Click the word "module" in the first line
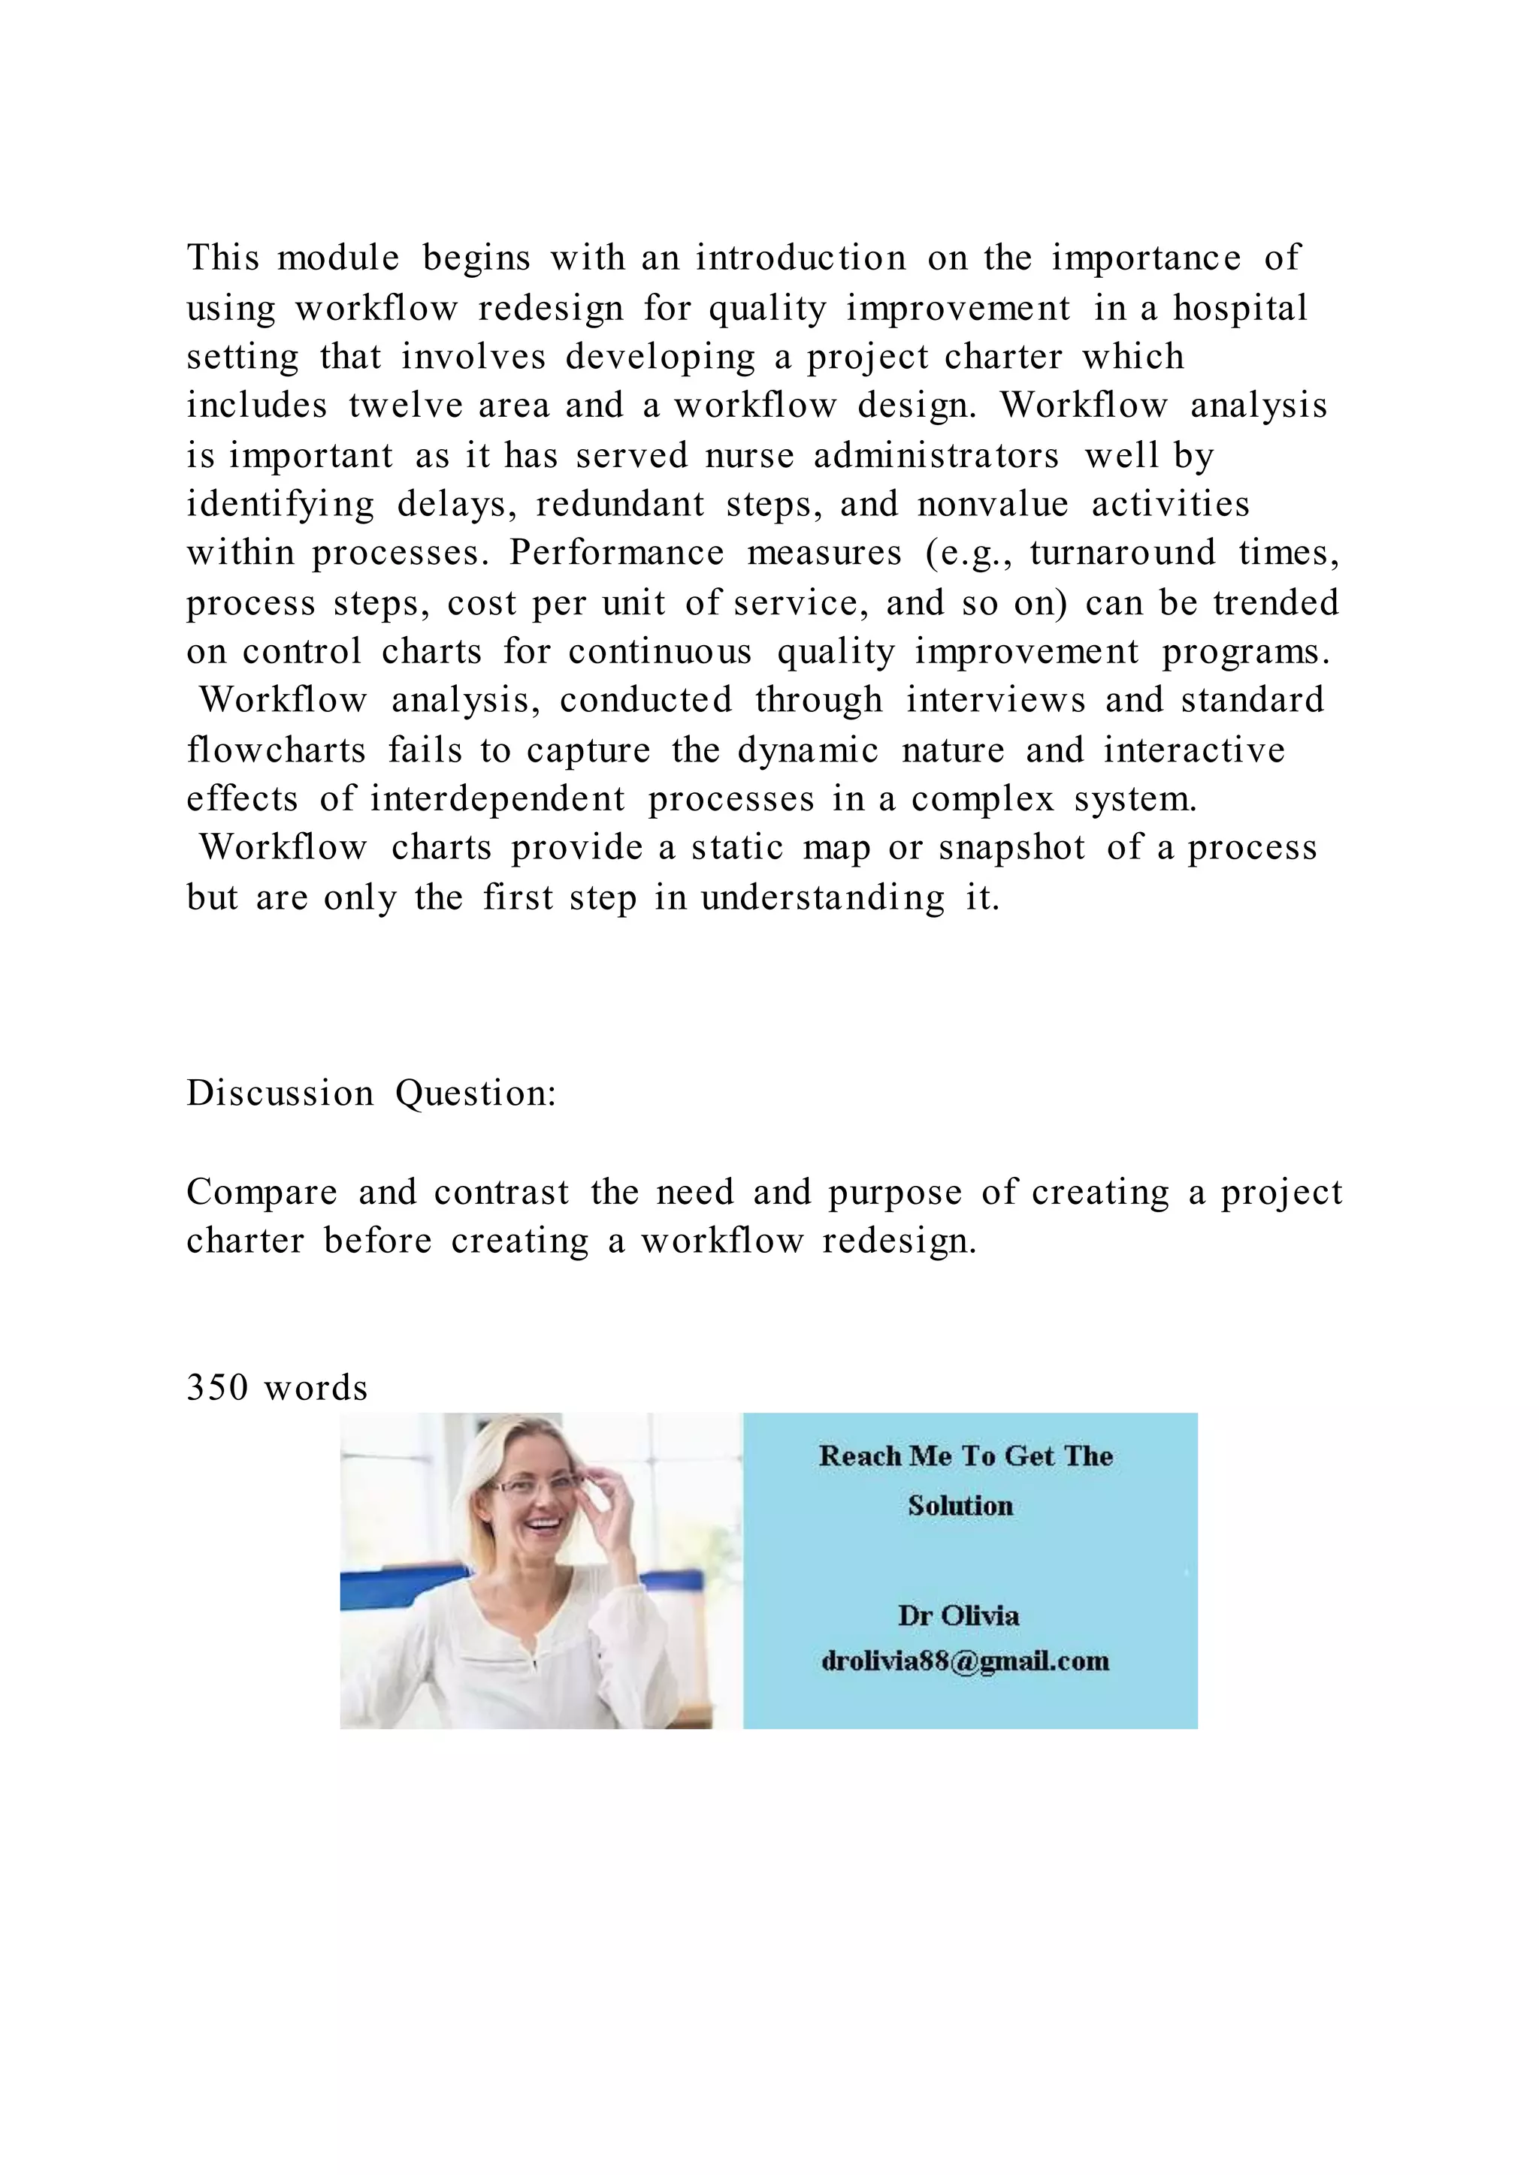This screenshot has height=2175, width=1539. pos(337,258)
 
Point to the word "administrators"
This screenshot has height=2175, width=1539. pos(936,456)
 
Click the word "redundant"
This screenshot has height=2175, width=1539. pos(620,504)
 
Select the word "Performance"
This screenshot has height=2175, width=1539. pos(616,554)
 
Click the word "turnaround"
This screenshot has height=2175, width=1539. pos(1122,554)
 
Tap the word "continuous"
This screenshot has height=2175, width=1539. pos(660,652)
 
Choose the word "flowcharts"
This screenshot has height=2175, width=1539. pos(276,750)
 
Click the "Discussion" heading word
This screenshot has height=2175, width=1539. pos(280,1094)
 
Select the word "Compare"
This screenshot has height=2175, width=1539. pos(262,1193)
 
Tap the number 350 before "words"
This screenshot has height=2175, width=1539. pos(217,1389)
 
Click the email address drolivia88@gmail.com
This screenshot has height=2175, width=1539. pos(965,1661)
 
